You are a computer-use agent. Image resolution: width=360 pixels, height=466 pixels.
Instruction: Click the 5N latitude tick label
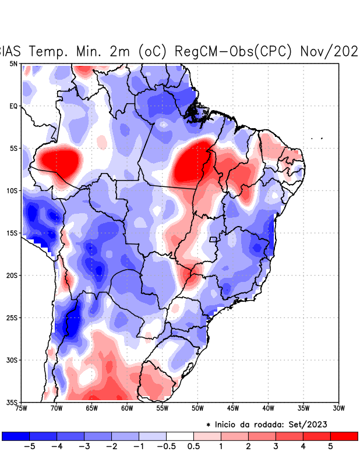(x=13, y=63)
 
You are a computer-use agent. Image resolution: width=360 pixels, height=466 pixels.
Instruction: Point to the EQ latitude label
(x=13, y=106)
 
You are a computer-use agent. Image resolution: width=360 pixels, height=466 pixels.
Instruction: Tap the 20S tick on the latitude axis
(x=12, y=276)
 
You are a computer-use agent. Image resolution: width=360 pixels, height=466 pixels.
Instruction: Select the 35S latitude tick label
(x=12, y=403)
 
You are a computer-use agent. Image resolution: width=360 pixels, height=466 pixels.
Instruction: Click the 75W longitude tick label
(x=22, y=408)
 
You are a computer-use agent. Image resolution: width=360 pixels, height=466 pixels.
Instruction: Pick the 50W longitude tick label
(x=197, y=408)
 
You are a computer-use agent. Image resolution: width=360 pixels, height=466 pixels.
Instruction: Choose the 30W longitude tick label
(x=339, y=408)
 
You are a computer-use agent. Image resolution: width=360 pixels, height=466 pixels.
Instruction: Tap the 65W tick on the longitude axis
(x=92, y=408)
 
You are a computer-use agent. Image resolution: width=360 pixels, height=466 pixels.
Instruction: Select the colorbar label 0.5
(x=193, y=447)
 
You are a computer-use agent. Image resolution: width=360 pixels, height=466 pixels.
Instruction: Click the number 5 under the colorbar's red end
(x=330, y=447)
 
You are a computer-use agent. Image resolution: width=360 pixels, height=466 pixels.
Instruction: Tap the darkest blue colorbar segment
(x=16, y=436)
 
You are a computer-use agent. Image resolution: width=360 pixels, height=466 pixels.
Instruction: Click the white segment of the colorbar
(x=180, y=436)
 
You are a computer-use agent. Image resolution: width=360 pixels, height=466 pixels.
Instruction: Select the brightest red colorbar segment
(x=344, y=436)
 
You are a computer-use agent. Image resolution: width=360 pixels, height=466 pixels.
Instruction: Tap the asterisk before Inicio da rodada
(x=208, y=425)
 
